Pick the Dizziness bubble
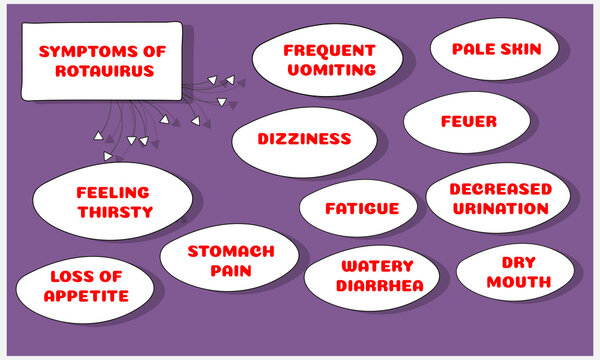pos(305,139)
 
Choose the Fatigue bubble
pos(361,209)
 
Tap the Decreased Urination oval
pos(500,198)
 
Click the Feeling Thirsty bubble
pos(112,202)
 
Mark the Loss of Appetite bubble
pos(86,286)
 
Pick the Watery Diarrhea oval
pos(376,275)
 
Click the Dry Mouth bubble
pos(518,271)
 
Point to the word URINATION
pos(500,209)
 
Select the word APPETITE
pos(86,297)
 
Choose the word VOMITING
pos(328,70)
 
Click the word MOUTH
pos(519,282)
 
